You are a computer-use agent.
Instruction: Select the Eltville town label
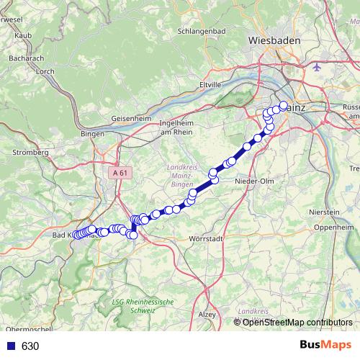click(x=210, y=84)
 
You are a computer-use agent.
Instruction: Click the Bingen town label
click(x=93, y=134)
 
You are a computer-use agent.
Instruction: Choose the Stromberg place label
click(x=29, y=153)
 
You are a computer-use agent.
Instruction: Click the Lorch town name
click(x=45, y=71)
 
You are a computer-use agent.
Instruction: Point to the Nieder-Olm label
click(x=251, y=181)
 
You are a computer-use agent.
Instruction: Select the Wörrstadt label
click(x=202, y=238)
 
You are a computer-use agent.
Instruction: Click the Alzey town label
click(x=207, y=314)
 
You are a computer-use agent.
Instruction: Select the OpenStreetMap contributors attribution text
click(x=297, y=322)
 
